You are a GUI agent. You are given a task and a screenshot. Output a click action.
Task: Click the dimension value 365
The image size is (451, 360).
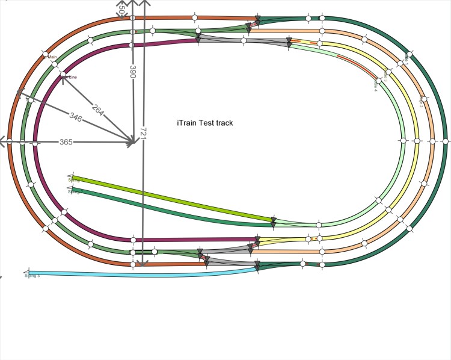coord(66,142)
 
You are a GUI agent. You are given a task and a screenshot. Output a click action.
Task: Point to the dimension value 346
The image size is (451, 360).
coord(76,116)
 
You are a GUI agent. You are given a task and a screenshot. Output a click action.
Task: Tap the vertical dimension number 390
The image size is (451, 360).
coord(133,72)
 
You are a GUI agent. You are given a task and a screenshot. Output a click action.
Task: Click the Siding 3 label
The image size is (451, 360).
coord(32,276)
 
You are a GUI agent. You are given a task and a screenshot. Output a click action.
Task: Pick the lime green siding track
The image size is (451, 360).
coord(174,198)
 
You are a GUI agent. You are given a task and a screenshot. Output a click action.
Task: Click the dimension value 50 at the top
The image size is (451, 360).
coord(121,11)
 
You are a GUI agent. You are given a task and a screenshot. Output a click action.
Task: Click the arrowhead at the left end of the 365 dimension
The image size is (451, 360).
coord(3,142)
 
